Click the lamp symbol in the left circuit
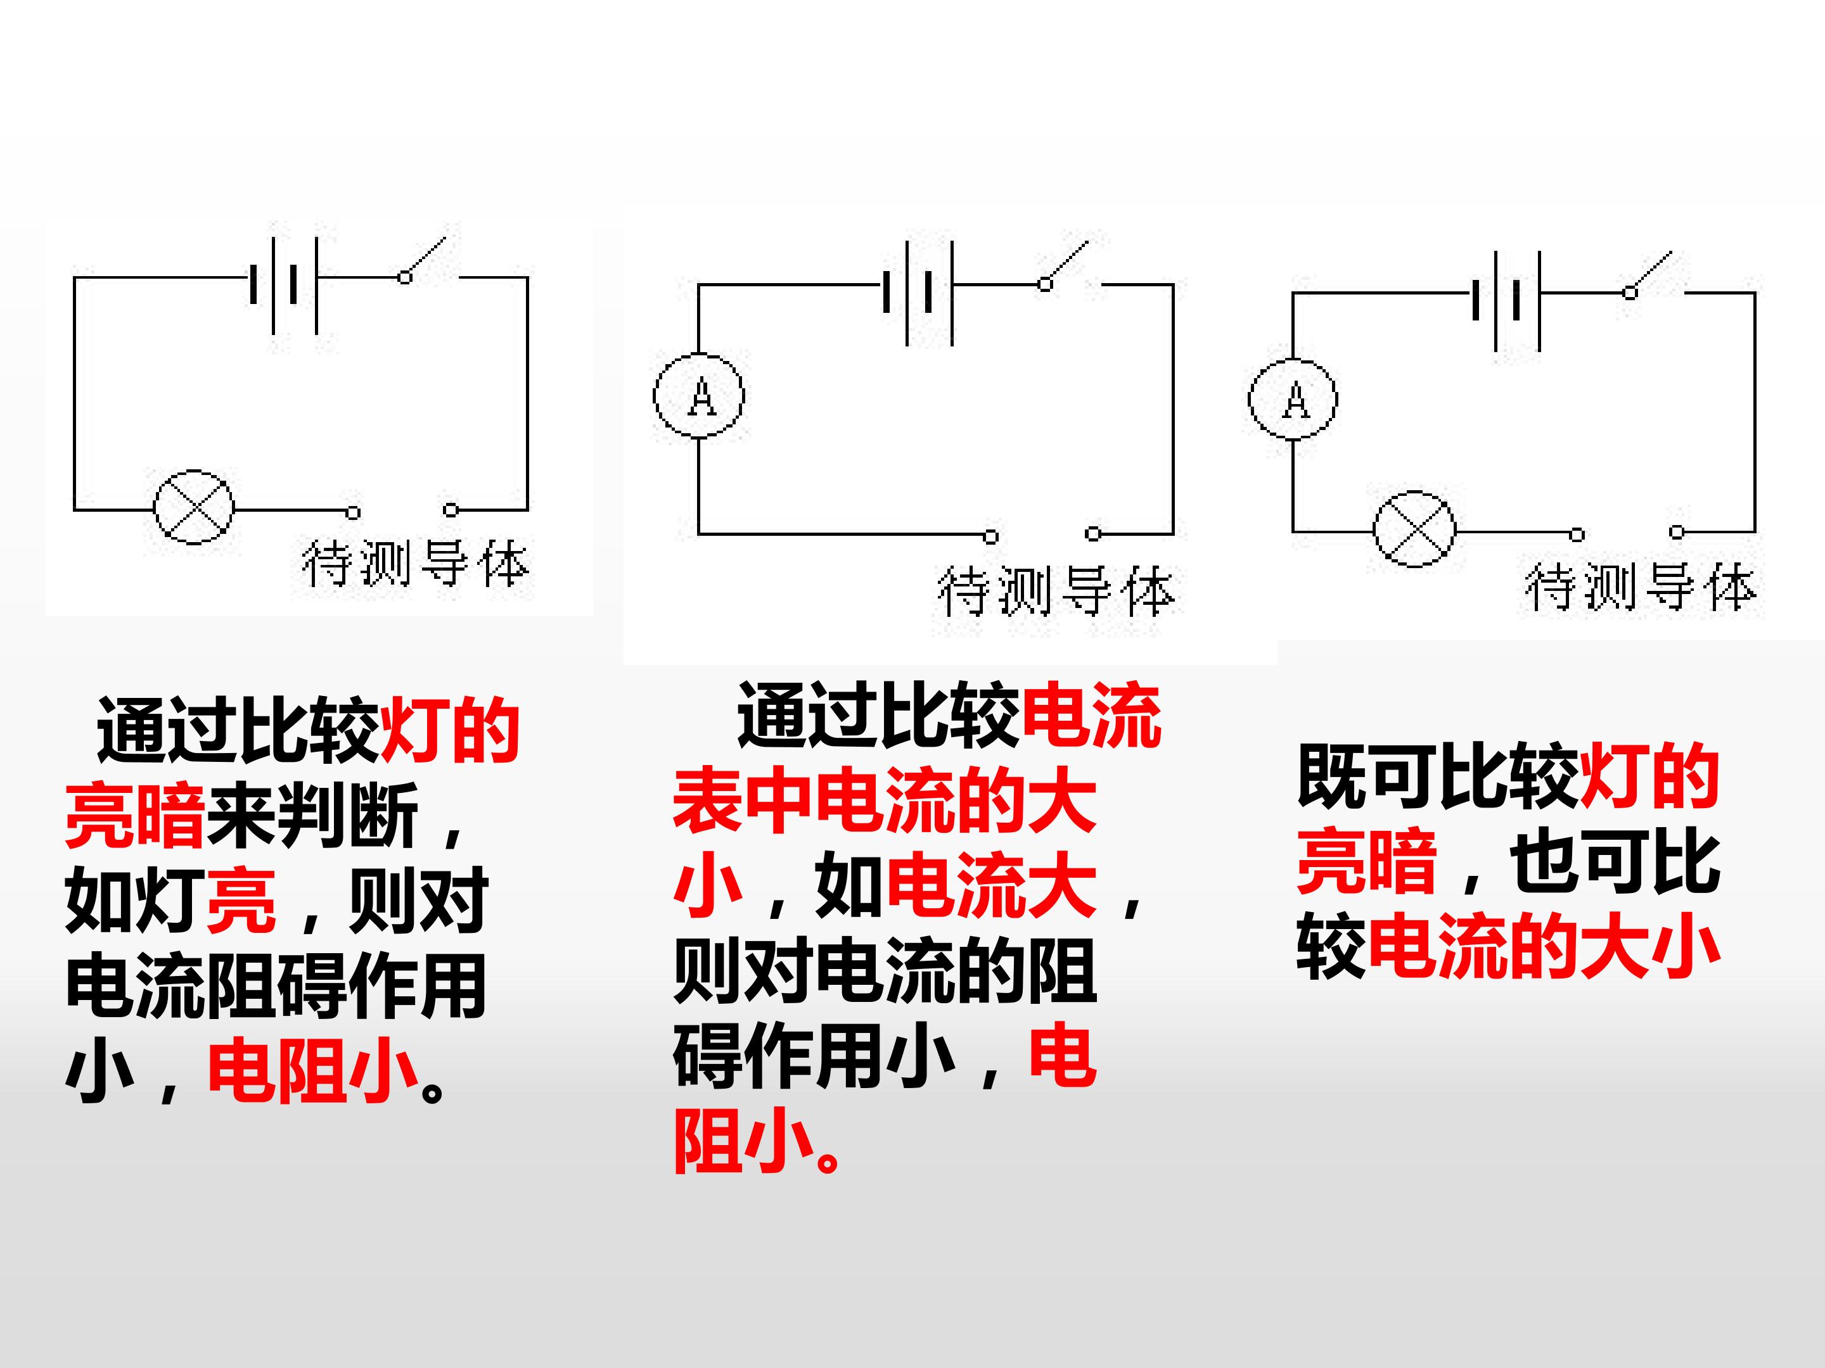click(x=194, y=508)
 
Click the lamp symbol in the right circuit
click(x=1414, y=529)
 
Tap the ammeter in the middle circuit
click(x=699, y=396)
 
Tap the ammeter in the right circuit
click(x=1293, y=399)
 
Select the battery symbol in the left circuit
click(x=284, y=285)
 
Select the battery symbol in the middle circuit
click(x=918, y=292)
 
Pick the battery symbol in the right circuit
click(x=1506, y=300)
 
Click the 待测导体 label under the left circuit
click(x=415, y=565)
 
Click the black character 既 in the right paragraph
click(x=1331, y=776)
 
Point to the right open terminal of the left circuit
click(x=451, y=510)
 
